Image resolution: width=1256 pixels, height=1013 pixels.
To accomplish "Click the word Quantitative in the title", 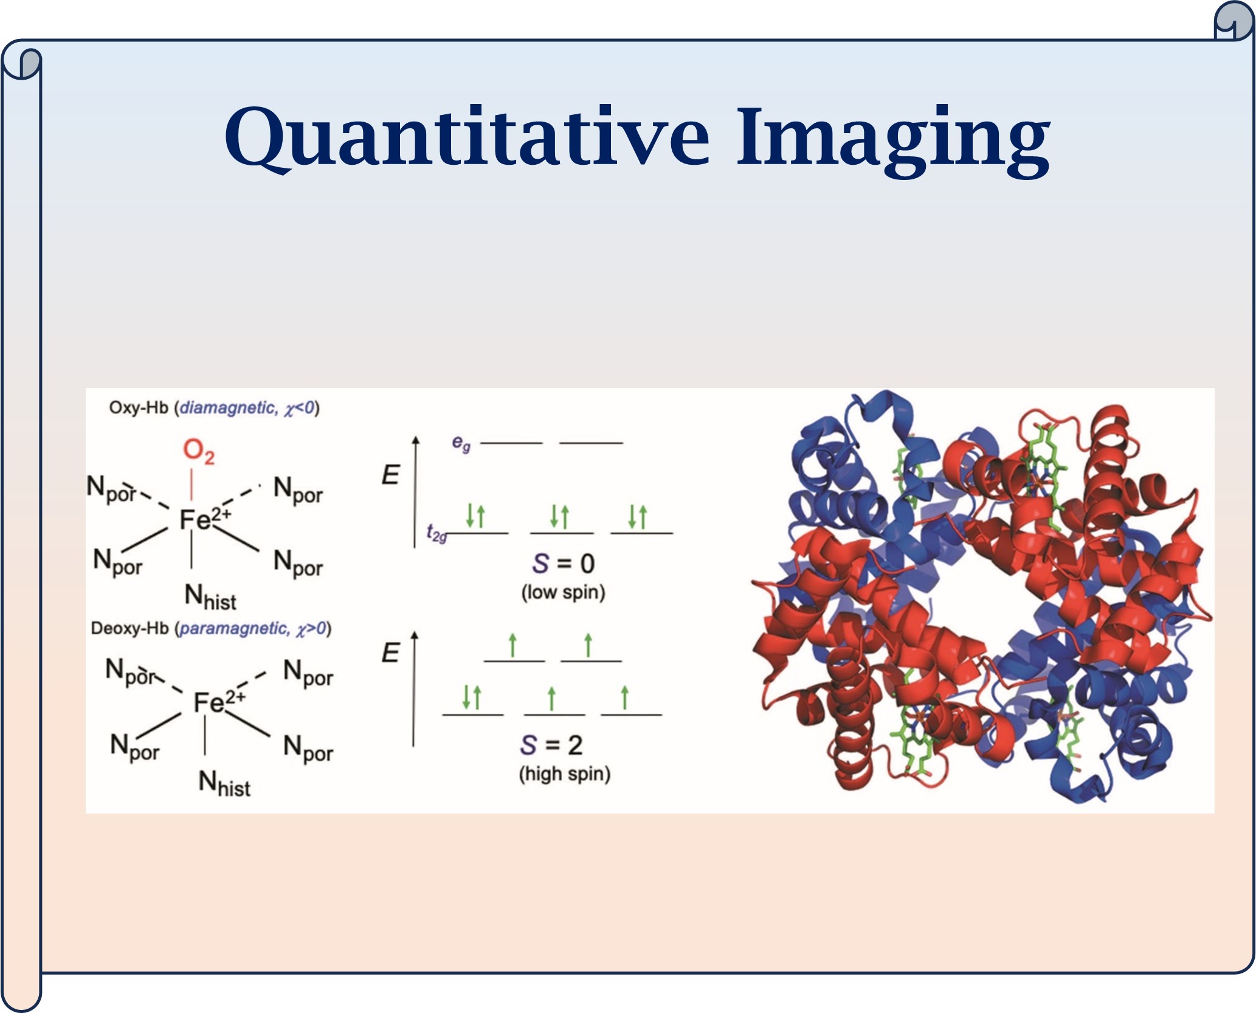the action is [467, 138].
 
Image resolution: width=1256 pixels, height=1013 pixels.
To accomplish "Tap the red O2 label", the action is [199, 452].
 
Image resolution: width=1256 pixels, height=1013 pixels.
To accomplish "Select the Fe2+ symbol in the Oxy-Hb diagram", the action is [205, 519].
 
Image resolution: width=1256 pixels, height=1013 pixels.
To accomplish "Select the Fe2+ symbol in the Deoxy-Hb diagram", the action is [219, 702].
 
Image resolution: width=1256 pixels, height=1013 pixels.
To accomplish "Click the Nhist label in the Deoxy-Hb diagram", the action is [224, 783].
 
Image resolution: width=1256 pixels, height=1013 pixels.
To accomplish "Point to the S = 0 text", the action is [564, 564].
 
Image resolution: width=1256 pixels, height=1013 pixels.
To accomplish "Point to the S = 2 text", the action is [551, 745].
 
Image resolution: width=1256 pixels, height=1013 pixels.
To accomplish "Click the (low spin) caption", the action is [564, 592].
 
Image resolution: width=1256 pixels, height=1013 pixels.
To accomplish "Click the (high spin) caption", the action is [565, 774].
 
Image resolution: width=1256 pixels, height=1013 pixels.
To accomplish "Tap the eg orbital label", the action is [461, 443].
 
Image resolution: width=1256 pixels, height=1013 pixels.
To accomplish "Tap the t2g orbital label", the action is [436, 533].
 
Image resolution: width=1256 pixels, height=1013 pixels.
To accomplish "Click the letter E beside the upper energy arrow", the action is [390, 475].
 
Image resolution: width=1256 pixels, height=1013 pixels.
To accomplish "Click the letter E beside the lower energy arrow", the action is [390, 653].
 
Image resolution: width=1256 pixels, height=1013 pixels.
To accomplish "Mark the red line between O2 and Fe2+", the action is [192, 485].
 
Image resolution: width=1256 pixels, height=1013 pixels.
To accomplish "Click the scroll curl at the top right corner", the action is [1234, 21].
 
